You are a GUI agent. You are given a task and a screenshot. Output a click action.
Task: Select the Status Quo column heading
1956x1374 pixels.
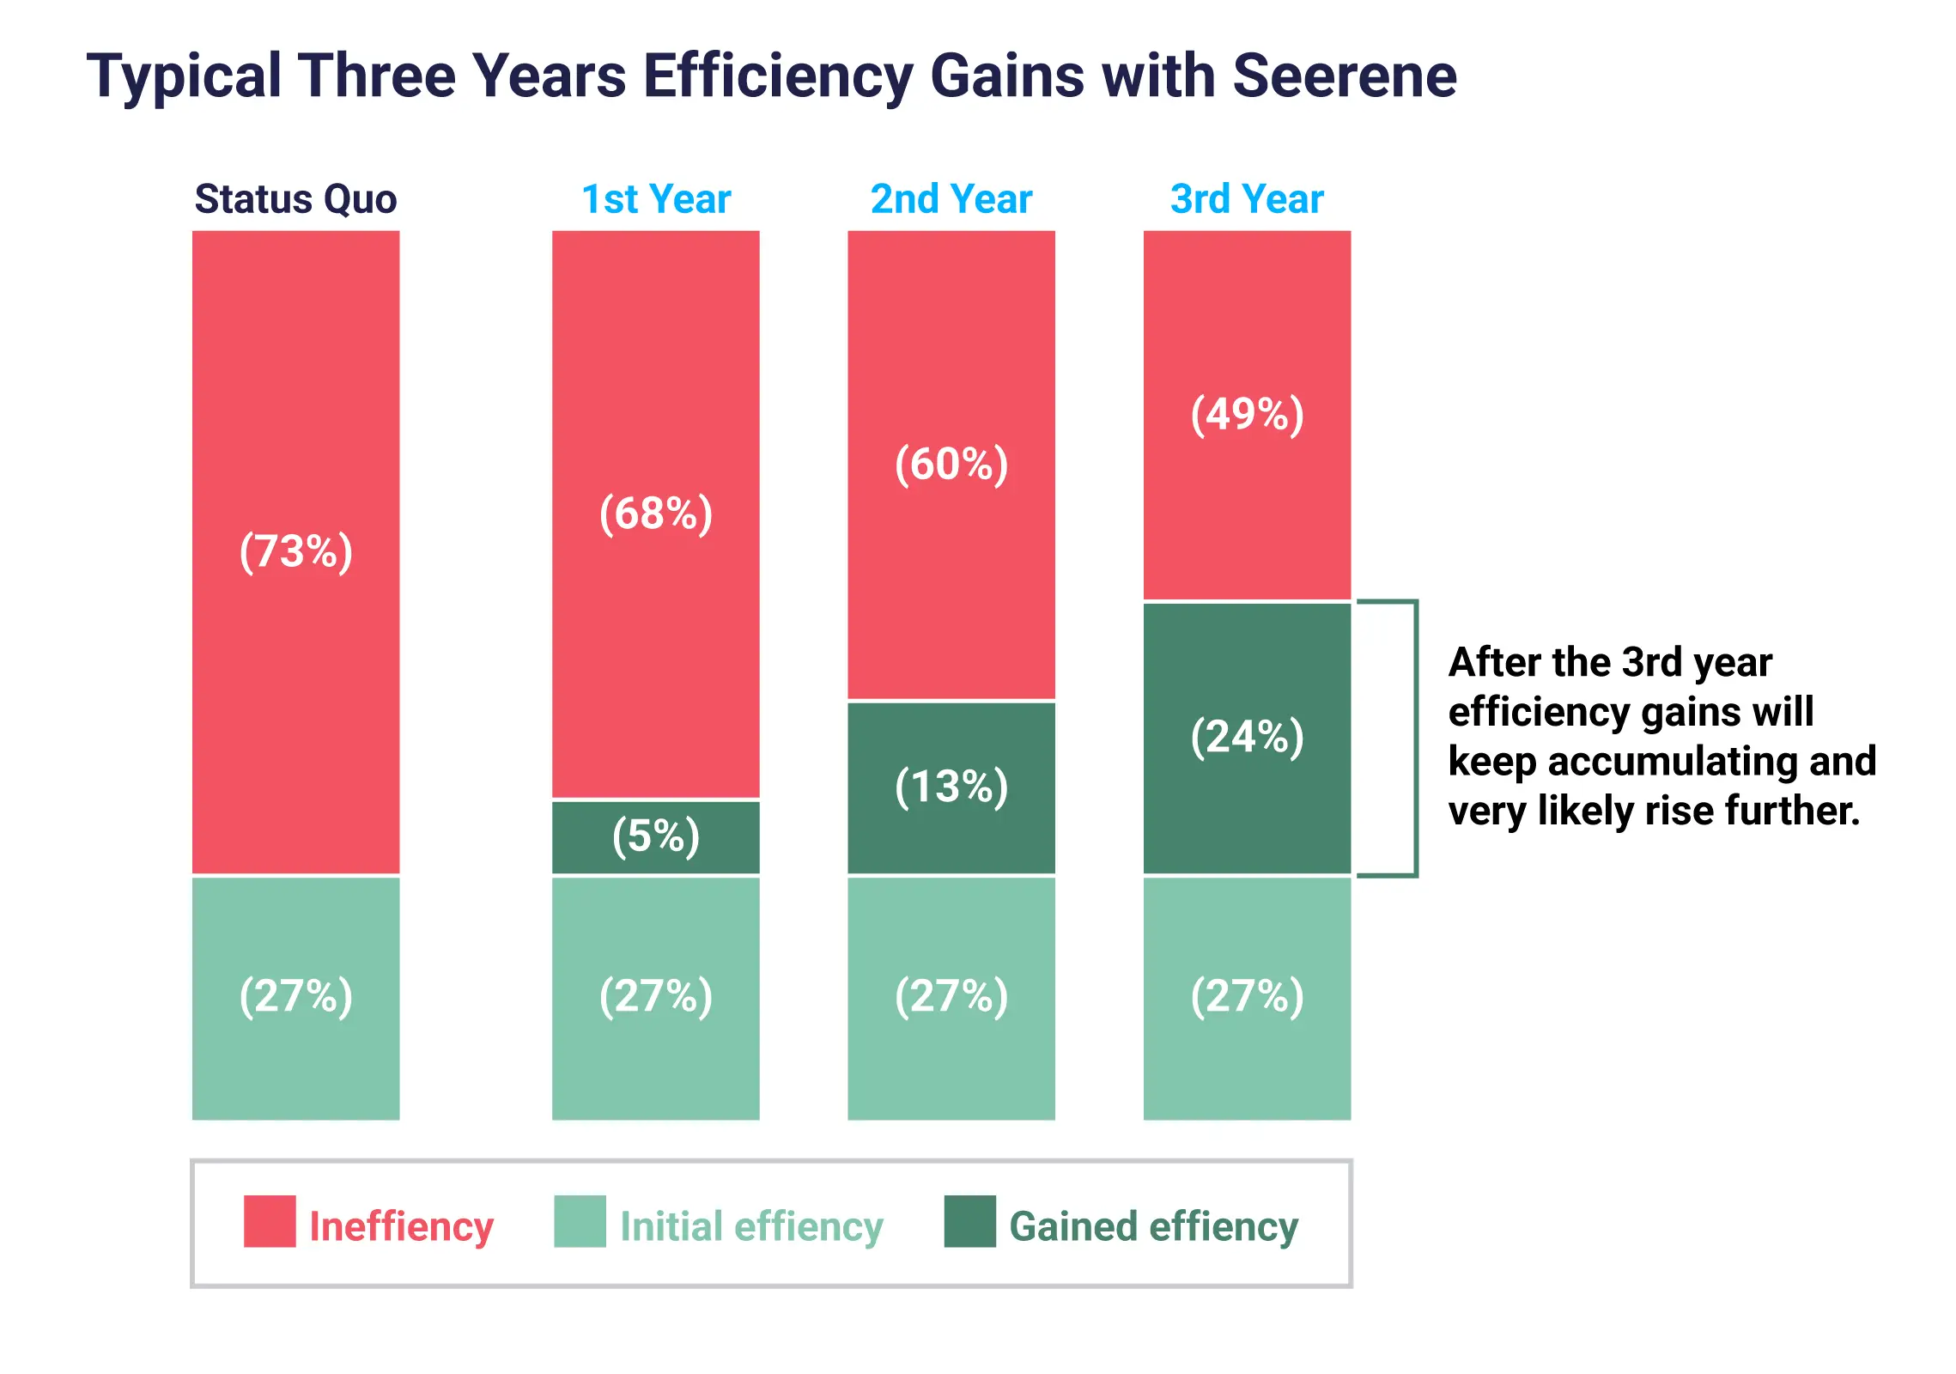click(x=295, y=199)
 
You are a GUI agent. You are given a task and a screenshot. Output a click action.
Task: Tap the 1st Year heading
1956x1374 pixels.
click(x=656, y=199)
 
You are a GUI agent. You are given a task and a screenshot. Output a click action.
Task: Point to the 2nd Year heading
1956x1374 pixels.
click(x=951, y=199)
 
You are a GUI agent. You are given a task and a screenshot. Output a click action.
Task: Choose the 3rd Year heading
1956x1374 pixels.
click(x=1246, y=199)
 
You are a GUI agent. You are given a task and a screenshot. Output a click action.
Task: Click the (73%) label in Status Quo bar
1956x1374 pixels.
click(x=295, y=551)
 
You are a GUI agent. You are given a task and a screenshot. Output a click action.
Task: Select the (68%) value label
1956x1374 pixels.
click(x=656, y=514)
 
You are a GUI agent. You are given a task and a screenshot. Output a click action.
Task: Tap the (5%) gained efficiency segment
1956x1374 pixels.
click(x=656, y=836)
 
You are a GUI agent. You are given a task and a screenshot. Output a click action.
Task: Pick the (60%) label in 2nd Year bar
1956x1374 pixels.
click(x=951, y=465)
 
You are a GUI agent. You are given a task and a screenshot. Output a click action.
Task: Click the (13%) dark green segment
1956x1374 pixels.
click(x=951, y=787)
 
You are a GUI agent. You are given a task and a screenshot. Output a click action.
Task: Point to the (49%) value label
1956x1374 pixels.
click(x=1246, y=415)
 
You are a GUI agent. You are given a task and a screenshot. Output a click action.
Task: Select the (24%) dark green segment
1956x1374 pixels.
click(x=1246, y=737)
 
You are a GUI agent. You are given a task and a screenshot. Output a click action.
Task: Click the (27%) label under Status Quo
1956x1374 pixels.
click(x=295, y=996)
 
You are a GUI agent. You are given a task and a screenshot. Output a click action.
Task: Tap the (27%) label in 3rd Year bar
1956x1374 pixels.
click(x=1246, y=996)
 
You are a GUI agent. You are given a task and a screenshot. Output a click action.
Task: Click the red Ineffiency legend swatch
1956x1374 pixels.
click(x=270, y=1220)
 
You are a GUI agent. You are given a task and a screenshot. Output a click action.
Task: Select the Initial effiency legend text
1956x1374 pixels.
click(x=751, y=1226)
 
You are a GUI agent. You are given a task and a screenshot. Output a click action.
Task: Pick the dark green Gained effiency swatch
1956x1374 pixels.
click(x=969, y=1220)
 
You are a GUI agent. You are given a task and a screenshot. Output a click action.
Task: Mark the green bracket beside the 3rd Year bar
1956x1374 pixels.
click(x=1414, y=739)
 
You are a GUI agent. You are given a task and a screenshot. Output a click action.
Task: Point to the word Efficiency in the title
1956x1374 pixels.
click(x=777, y=76)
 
